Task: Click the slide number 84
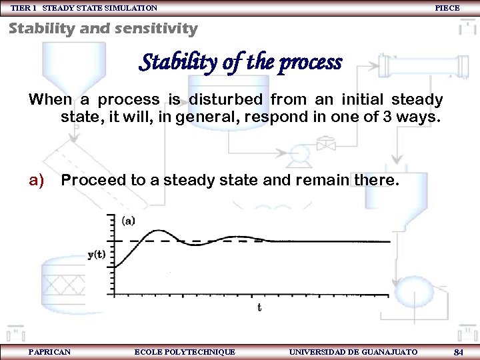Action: point(458,351)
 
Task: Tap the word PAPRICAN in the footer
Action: point(50,351)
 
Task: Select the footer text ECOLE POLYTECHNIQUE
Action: point(185,351)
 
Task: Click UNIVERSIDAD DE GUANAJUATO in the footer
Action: point(353,351)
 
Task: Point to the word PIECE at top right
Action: point(447,8)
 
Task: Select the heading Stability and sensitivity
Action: point(103,29)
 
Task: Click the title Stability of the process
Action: point(240,63)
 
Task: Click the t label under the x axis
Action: point(259,307)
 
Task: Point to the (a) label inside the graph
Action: point(129,220)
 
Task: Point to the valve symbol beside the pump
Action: point(326,144)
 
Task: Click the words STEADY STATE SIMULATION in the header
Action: point(100,8)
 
